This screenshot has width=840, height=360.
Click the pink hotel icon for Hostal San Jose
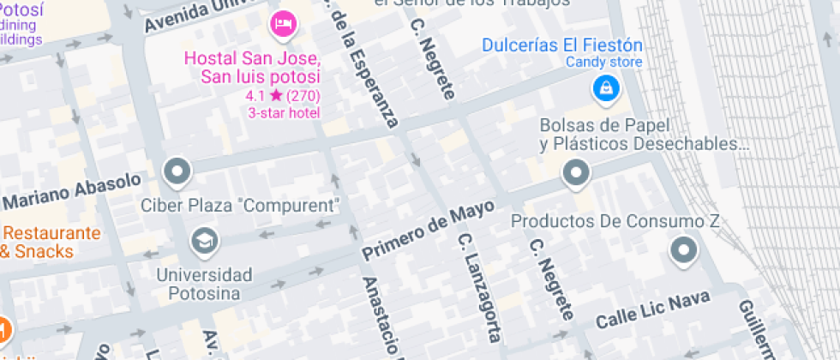click(282, 24)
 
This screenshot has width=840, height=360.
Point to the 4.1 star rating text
click(283, 96)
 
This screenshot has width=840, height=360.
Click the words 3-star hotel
click(283, 112)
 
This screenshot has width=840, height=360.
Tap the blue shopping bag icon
click(605, 87)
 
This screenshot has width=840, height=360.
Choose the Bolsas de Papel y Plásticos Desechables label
click(639, 135)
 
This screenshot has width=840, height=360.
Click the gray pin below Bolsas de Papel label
click(575, 174)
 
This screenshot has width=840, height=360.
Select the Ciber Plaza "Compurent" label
click(241, 206)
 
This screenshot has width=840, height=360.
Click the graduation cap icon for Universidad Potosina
click(205, 241)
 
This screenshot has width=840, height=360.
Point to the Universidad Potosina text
click(204, 284)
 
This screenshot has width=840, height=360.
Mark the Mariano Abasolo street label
click(72, 190)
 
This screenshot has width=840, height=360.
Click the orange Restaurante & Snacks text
click(51, 242)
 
